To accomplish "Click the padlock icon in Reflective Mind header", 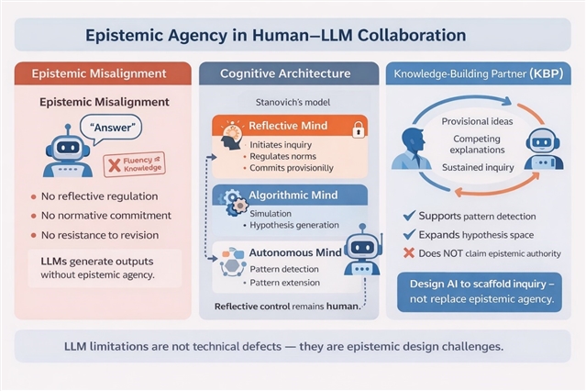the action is (x=359, y=129).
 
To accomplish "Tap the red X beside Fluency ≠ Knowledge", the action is (x=114, y=165).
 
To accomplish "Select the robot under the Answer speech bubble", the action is (x=68, y=151).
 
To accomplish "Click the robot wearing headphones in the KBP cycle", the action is (x=543, y=149).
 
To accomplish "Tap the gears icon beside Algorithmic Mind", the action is (x=236, y=203).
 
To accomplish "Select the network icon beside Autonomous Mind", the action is (x=233, y=262).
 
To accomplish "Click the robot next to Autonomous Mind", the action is (x=362, y=251).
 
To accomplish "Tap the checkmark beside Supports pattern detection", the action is (x=409, y=215).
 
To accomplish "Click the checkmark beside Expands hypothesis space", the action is (x=409, y=234).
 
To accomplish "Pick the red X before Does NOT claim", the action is (x=409, y=253).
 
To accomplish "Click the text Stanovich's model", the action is (x=293, y=102).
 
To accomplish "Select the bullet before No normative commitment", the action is (x=34, y=216).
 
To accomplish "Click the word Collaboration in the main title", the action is (x=412, y=35).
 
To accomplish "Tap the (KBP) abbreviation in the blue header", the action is (x=546, y=73).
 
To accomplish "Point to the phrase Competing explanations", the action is (x=477, y=144).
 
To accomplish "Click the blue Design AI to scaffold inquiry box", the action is (x=480, y=292).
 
